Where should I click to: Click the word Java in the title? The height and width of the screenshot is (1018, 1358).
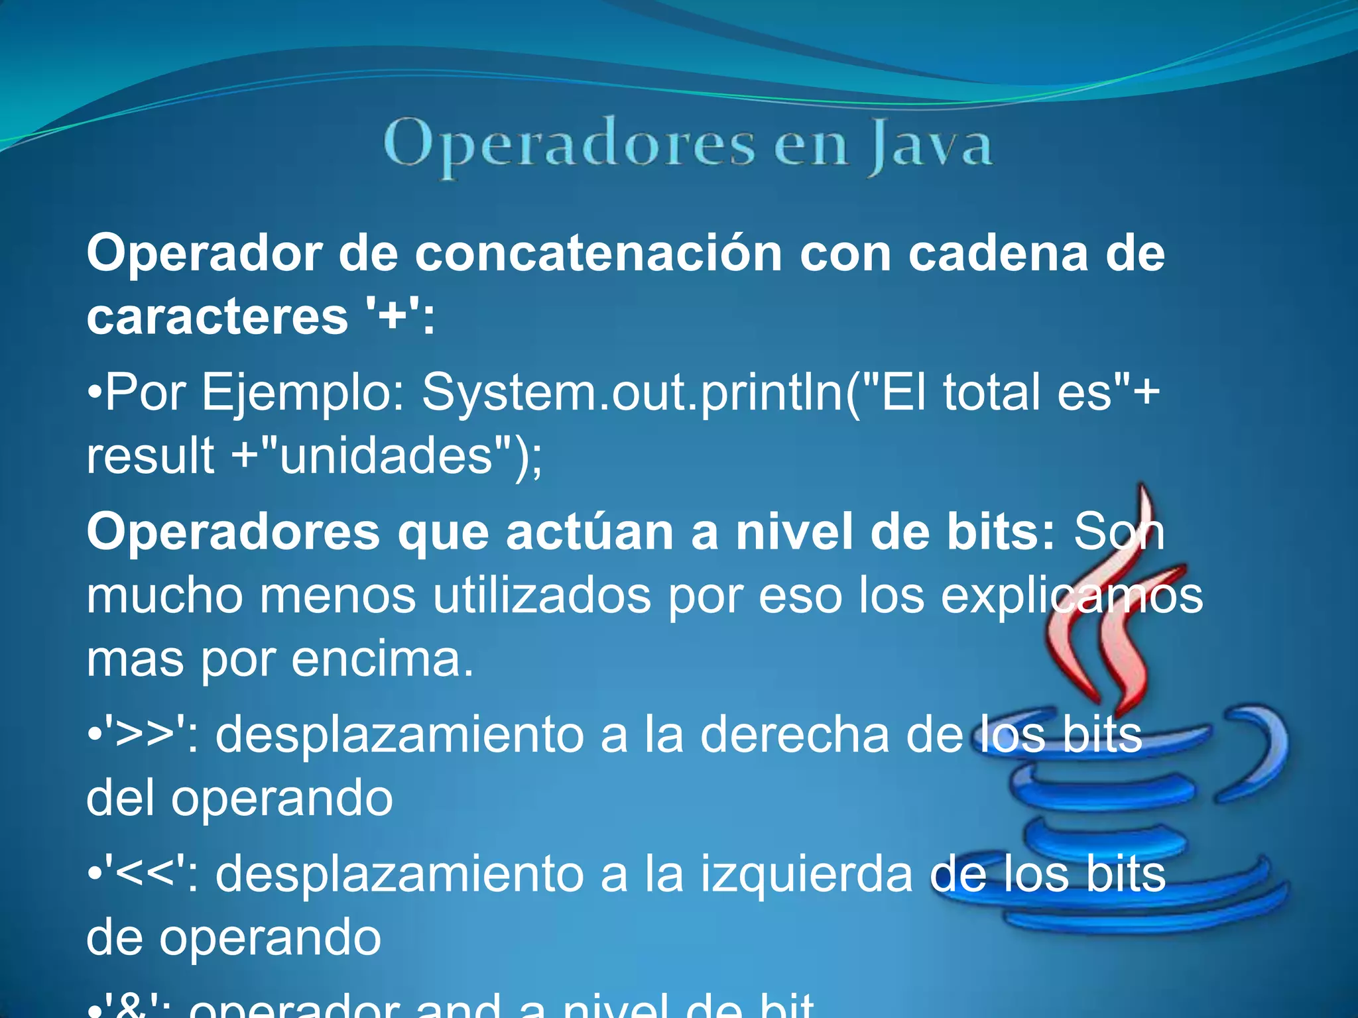tap(930, 145)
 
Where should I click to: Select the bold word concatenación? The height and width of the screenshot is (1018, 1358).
tap(598, 254)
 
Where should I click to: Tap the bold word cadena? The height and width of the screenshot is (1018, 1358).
tap(997, 254)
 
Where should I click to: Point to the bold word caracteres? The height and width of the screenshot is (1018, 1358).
tap(217, 317)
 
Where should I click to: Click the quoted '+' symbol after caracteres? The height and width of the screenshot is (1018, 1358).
tap(393, 317)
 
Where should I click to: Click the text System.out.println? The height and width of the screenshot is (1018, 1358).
tap(633, 392)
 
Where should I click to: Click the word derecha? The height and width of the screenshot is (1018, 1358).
tap(794, 735)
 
